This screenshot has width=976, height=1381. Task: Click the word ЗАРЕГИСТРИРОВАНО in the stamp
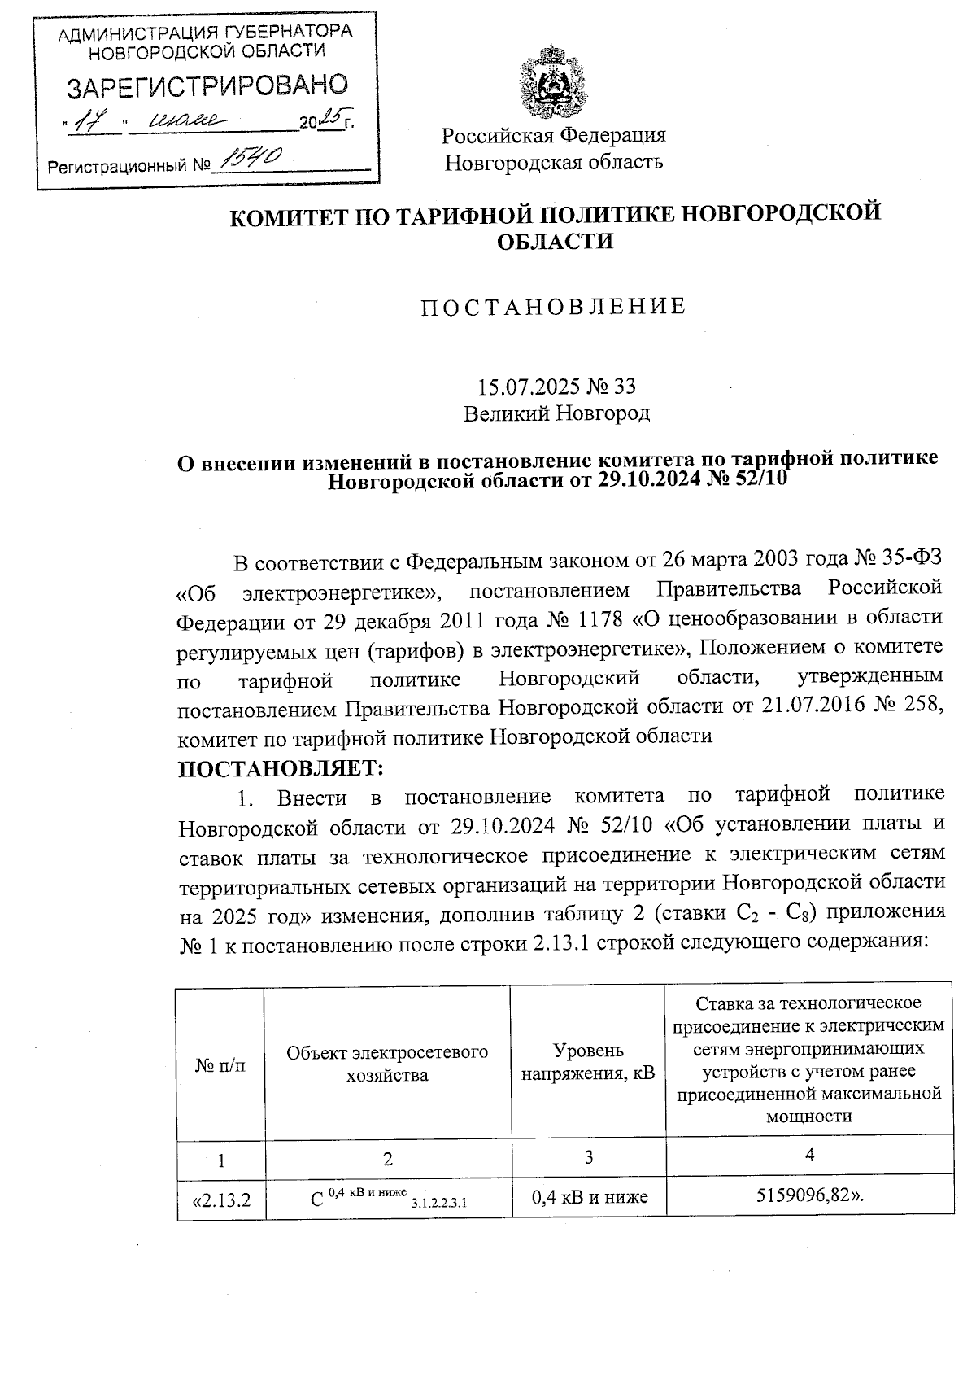[207, 85]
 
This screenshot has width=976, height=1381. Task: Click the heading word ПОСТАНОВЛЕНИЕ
[553, 307]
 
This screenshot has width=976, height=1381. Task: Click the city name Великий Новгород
[556, 413]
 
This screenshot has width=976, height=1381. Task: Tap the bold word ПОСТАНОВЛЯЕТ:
[280, 767]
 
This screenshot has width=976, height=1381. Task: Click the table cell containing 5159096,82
[809, 1196]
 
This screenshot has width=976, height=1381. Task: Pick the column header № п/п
[220, 1064]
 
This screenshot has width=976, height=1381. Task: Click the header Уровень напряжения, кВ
[587, 1062]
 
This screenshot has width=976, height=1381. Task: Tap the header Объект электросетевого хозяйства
[387, 1063]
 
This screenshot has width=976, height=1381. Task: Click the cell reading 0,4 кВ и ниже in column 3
[589, 1197]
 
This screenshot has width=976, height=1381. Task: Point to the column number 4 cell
[809, 1155]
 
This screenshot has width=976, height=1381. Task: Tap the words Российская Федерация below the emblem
[553, 135]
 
